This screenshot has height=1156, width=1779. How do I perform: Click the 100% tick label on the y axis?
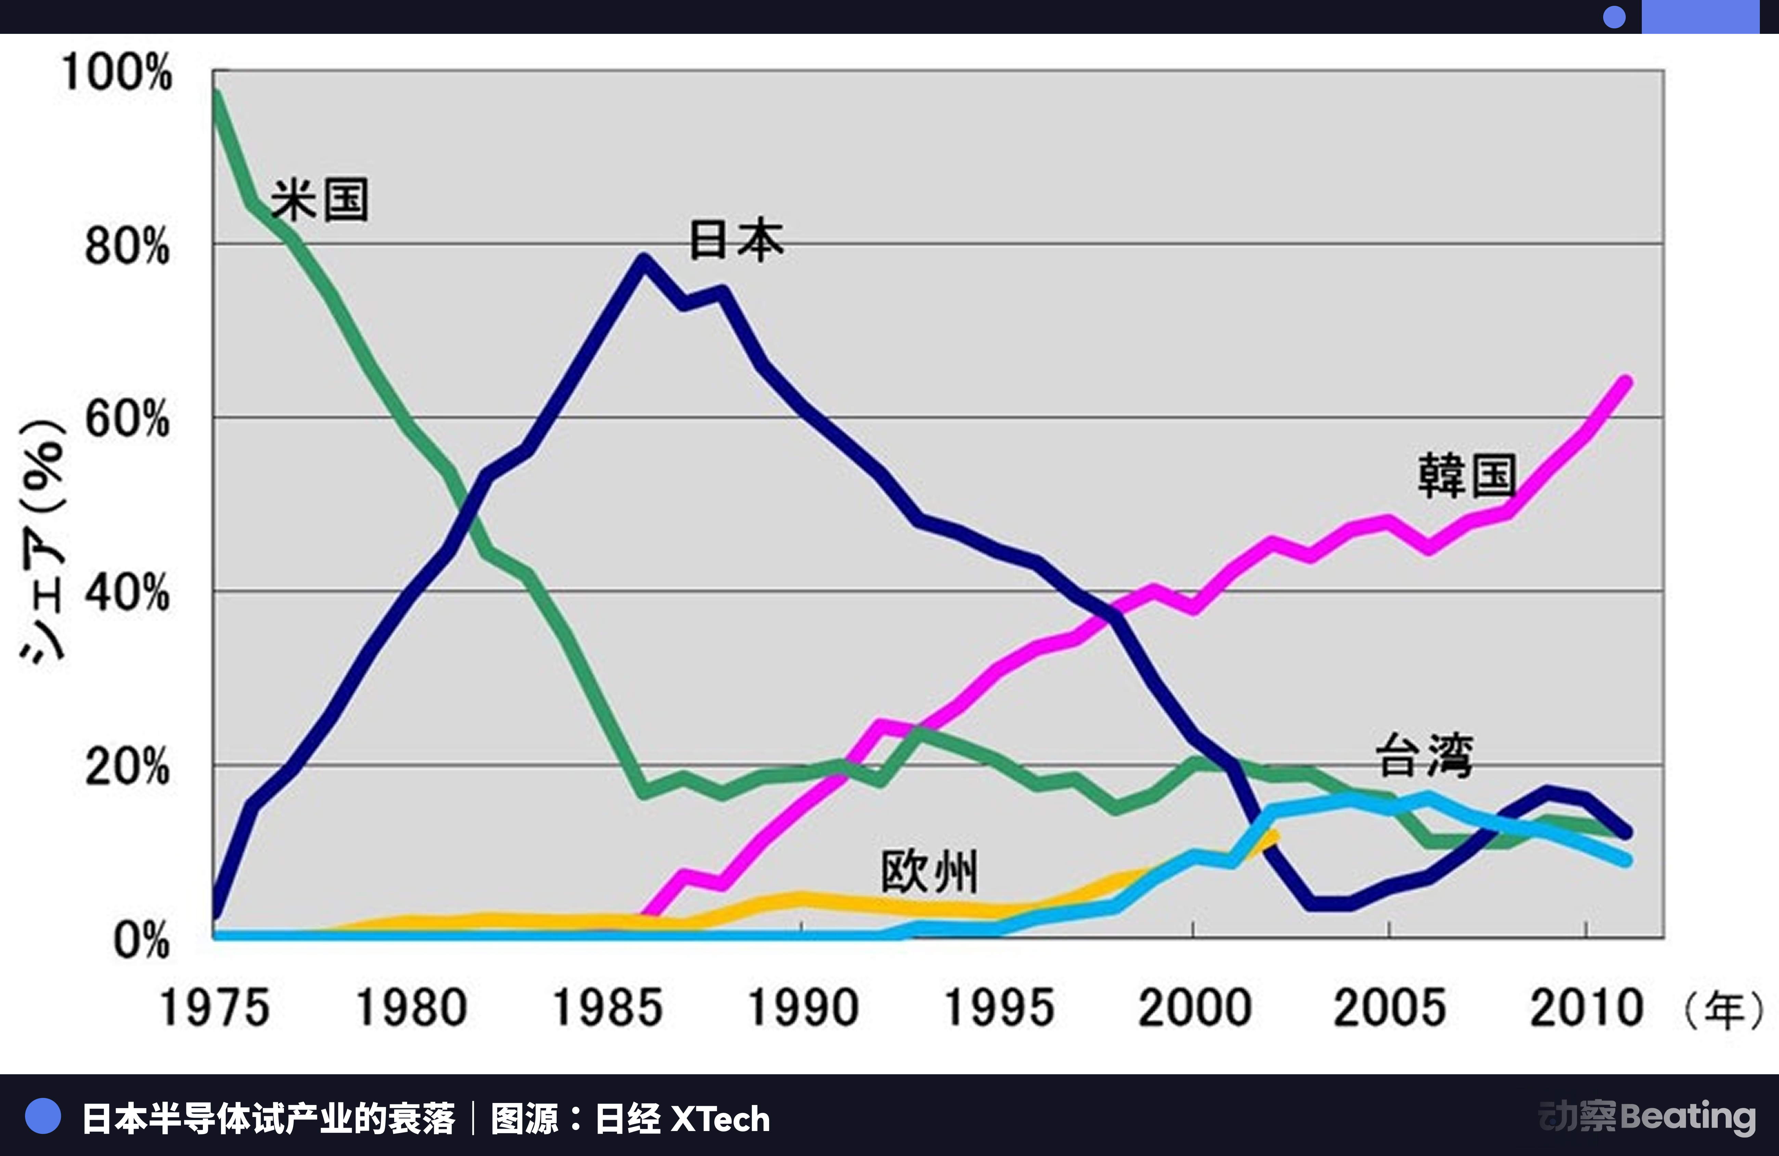tap(117, 73)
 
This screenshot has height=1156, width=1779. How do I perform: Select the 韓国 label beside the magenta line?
tap(1467, 476)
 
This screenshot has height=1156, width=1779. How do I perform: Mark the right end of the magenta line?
tap(1626, 383)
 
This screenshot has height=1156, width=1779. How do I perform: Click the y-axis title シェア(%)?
tap(43, 542)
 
